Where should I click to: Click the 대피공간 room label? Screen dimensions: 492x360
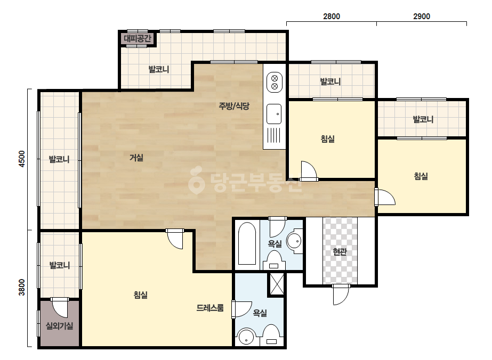point(138,38)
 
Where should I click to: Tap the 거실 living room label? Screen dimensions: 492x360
point(136,158)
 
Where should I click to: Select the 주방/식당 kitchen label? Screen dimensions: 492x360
point(234,105)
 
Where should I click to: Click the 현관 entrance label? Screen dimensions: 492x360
point(340,251)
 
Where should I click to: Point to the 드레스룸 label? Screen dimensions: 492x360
point(210,308)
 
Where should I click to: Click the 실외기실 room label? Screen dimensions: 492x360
point(59,326)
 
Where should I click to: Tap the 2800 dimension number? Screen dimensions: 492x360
point(332,17)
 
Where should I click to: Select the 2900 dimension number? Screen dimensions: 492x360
point(422,17)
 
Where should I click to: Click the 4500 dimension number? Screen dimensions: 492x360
point(22,159)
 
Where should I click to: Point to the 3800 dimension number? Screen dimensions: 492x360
point(22,287)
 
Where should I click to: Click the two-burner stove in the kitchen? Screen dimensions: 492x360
point(274,82)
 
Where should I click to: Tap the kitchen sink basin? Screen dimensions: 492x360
point(274,114)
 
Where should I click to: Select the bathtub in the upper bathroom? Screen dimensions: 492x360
point(247,244)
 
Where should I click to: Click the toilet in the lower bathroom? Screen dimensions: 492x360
point(271,335)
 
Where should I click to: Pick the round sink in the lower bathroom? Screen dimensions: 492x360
point(247,338)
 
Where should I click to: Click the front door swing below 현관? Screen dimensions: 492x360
point(341,294)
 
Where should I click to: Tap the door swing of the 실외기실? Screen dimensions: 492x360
point(60,307)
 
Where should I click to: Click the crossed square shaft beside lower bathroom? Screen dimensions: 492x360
point(277,284)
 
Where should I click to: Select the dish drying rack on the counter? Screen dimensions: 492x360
point(274,135)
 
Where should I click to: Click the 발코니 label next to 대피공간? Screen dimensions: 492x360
point(159,69)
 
